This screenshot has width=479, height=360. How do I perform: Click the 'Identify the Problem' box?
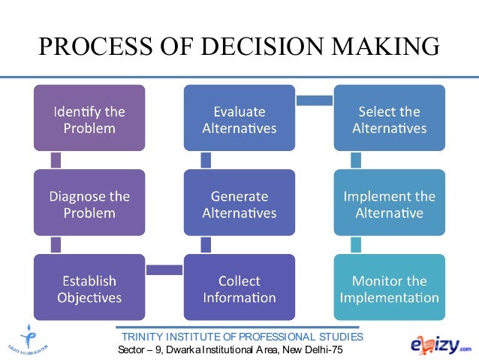(89, 119)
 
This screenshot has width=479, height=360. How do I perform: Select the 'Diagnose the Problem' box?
(89, 204)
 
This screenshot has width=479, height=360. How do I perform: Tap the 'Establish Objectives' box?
(89, 289)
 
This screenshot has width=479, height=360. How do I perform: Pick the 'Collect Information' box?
(239, 289)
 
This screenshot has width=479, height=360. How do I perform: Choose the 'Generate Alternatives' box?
(239, 204)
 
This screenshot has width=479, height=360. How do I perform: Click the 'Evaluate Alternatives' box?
(239, 119)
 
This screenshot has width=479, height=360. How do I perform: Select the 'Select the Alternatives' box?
(389, 119)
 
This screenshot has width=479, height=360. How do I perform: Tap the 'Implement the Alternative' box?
(389, 204)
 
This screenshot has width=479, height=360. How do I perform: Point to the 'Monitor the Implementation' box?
(389, 289)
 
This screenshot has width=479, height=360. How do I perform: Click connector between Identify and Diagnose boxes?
(56, 161)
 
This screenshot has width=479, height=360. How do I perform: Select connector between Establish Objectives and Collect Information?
(164, 270)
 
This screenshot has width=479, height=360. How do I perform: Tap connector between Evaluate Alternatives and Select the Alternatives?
(314, 99)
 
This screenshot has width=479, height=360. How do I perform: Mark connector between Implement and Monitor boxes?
(356, 246)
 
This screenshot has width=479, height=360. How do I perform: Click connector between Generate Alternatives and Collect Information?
(206, 246)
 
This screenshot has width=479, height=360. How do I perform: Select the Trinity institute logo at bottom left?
(28, 336)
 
